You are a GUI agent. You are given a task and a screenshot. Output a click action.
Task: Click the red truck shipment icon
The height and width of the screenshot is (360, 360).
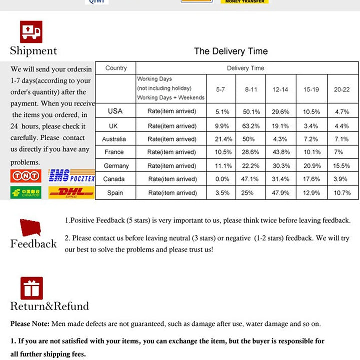point(31,32)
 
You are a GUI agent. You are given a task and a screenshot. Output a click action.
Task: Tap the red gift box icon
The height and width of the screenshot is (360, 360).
point(31,288)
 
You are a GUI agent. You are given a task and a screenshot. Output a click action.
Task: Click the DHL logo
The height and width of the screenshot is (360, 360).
point(71,192)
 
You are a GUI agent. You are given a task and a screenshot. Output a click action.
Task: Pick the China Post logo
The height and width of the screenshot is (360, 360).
point(25,192)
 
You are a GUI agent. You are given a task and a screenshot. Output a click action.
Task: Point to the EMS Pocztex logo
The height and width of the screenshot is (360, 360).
point(71,176)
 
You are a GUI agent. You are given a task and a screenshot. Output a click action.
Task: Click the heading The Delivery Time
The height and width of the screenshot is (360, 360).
point(231,51)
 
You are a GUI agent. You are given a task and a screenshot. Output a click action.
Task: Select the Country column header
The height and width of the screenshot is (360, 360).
point(116,68)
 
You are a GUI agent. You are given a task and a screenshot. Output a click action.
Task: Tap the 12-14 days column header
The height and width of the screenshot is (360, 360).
point(280,89)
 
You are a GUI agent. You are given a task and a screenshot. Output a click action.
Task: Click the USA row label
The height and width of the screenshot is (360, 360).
point(115,111)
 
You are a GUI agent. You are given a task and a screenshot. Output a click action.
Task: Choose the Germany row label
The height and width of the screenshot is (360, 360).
point(116,166)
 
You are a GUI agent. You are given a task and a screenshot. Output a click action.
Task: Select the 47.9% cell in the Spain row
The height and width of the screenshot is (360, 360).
point(280,193)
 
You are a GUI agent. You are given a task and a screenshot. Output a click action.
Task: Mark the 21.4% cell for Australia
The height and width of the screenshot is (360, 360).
point(221,139)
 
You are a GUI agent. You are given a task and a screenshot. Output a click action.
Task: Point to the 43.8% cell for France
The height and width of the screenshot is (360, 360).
point(280,152)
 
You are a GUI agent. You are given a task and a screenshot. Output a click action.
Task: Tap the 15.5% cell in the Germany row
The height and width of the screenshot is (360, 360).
point(342,166)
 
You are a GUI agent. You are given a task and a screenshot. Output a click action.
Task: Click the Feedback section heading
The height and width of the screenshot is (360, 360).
point(33,244)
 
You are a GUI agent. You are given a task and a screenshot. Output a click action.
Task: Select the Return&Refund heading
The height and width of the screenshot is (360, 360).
point(49,306)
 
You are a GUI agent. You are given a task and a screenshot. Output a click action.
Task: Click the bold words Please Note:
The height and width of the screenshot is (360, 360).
point(30,324)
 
